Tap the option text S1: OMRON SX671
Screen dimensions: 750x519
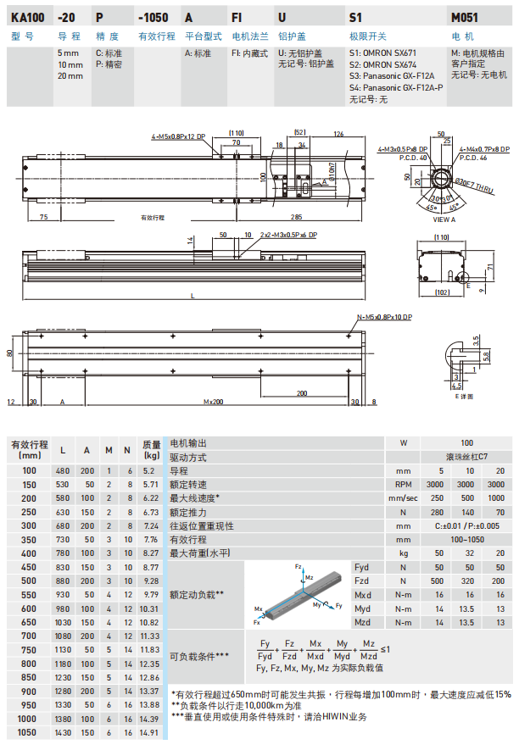(x=386, y=52)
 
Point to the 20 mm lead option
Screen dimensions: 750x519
(x=70, y=76)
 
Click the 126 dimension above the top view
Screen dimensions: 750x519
(x=339, y=135)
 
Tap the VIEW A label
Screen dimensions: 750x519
(x=444, y=219)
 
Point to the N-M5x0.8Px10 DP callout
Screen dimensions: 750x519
(x=384, y=317)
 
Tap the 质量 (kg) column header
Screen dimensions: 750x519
(x=151, y=449)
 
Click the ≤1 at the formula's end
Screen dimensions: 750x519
(x=386, y=650)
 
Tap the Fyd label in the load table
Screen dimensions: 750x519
(x=361, y=567)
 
